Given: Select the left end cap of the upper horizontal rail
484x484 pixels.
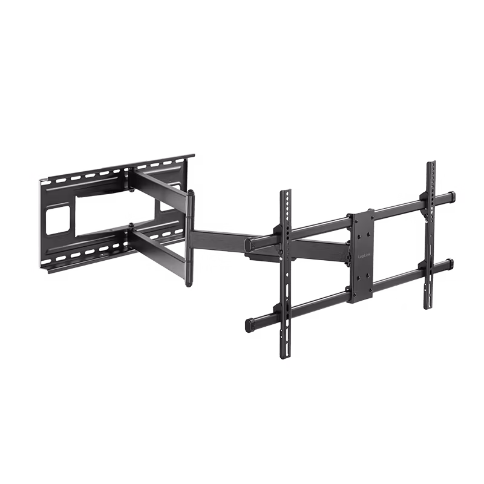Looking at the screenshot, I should pos(249,244).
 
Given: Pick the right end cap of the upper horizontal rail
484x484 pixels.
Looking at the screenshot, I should pos(451,197).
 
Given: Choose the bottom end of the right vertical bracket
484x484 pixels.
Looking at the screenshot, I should pos(429,306).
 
